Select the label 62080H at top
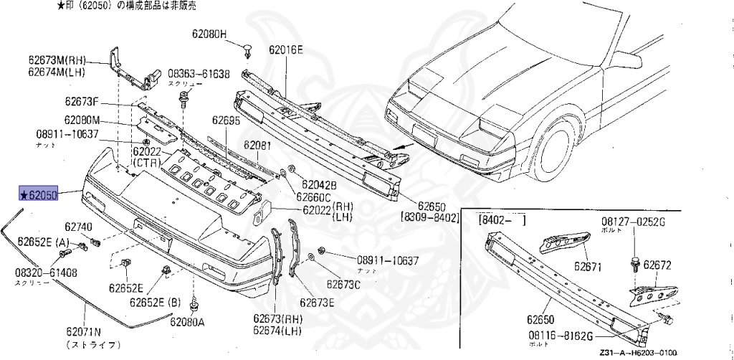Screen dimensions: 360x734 tap(209, 34)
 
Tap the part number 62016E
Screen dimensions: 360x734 tap(286, 49)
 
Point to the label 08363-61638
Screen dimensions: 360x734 tap(199, 74)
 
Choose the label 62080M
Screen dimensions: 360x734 tap(81, 120)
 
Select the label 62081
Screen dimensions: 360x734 tap(257, 145)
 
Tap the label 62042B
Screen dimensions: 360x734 tap(319, 184)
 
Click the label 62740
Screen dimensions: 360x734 tap(79, 227)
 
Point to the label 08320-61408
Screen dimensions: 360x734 tap(46, 273)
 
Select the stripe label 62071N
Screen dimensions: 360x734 tap(85, 332)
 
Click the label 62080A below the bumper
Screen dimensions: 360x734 tap(187, 321)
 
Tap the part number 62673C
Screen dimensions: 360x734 tap(344, 285)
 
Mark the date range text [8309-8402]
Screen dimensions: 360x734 tap(429, 216)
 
